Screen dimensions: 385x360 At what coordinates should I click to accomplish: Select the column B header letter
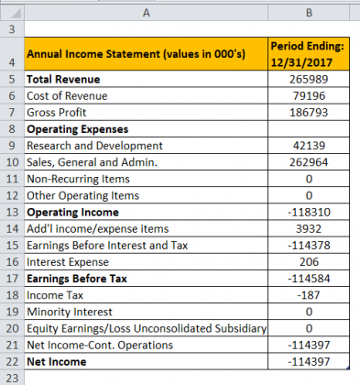tap(308, 12)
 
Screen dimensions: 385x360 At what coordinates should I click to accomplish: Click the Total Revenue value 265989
tap(308, 80)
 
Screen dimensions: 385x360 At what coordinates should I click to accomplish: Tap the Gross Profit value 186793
tap(308, 113)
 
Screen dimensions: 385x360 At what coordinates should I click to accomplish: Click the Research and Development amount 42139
tap(308, 146)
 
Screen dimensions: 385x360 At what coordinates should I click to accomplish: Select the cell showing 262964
tap(308, 162)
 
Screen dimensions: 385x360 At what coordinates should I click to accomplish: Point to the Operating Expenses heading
tap(78, 129)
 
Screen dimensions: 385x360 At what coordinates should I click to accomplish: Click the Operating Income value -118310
tap(308, 212)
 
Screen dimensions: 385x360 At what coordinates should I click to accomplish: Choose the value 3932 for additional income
tap(308, 228)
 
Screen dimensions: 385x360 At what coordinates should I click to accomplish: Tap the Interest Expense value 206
tap(308, 261)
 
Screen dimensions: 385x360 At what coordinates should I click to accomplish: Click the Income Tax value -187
tap(308, 294)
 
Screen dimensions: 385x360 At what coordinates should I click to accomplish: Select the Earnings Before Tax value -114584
tap(308, 278)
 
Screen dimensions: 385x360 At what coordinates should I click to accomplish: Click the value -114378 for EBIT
tap(308, 245)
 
